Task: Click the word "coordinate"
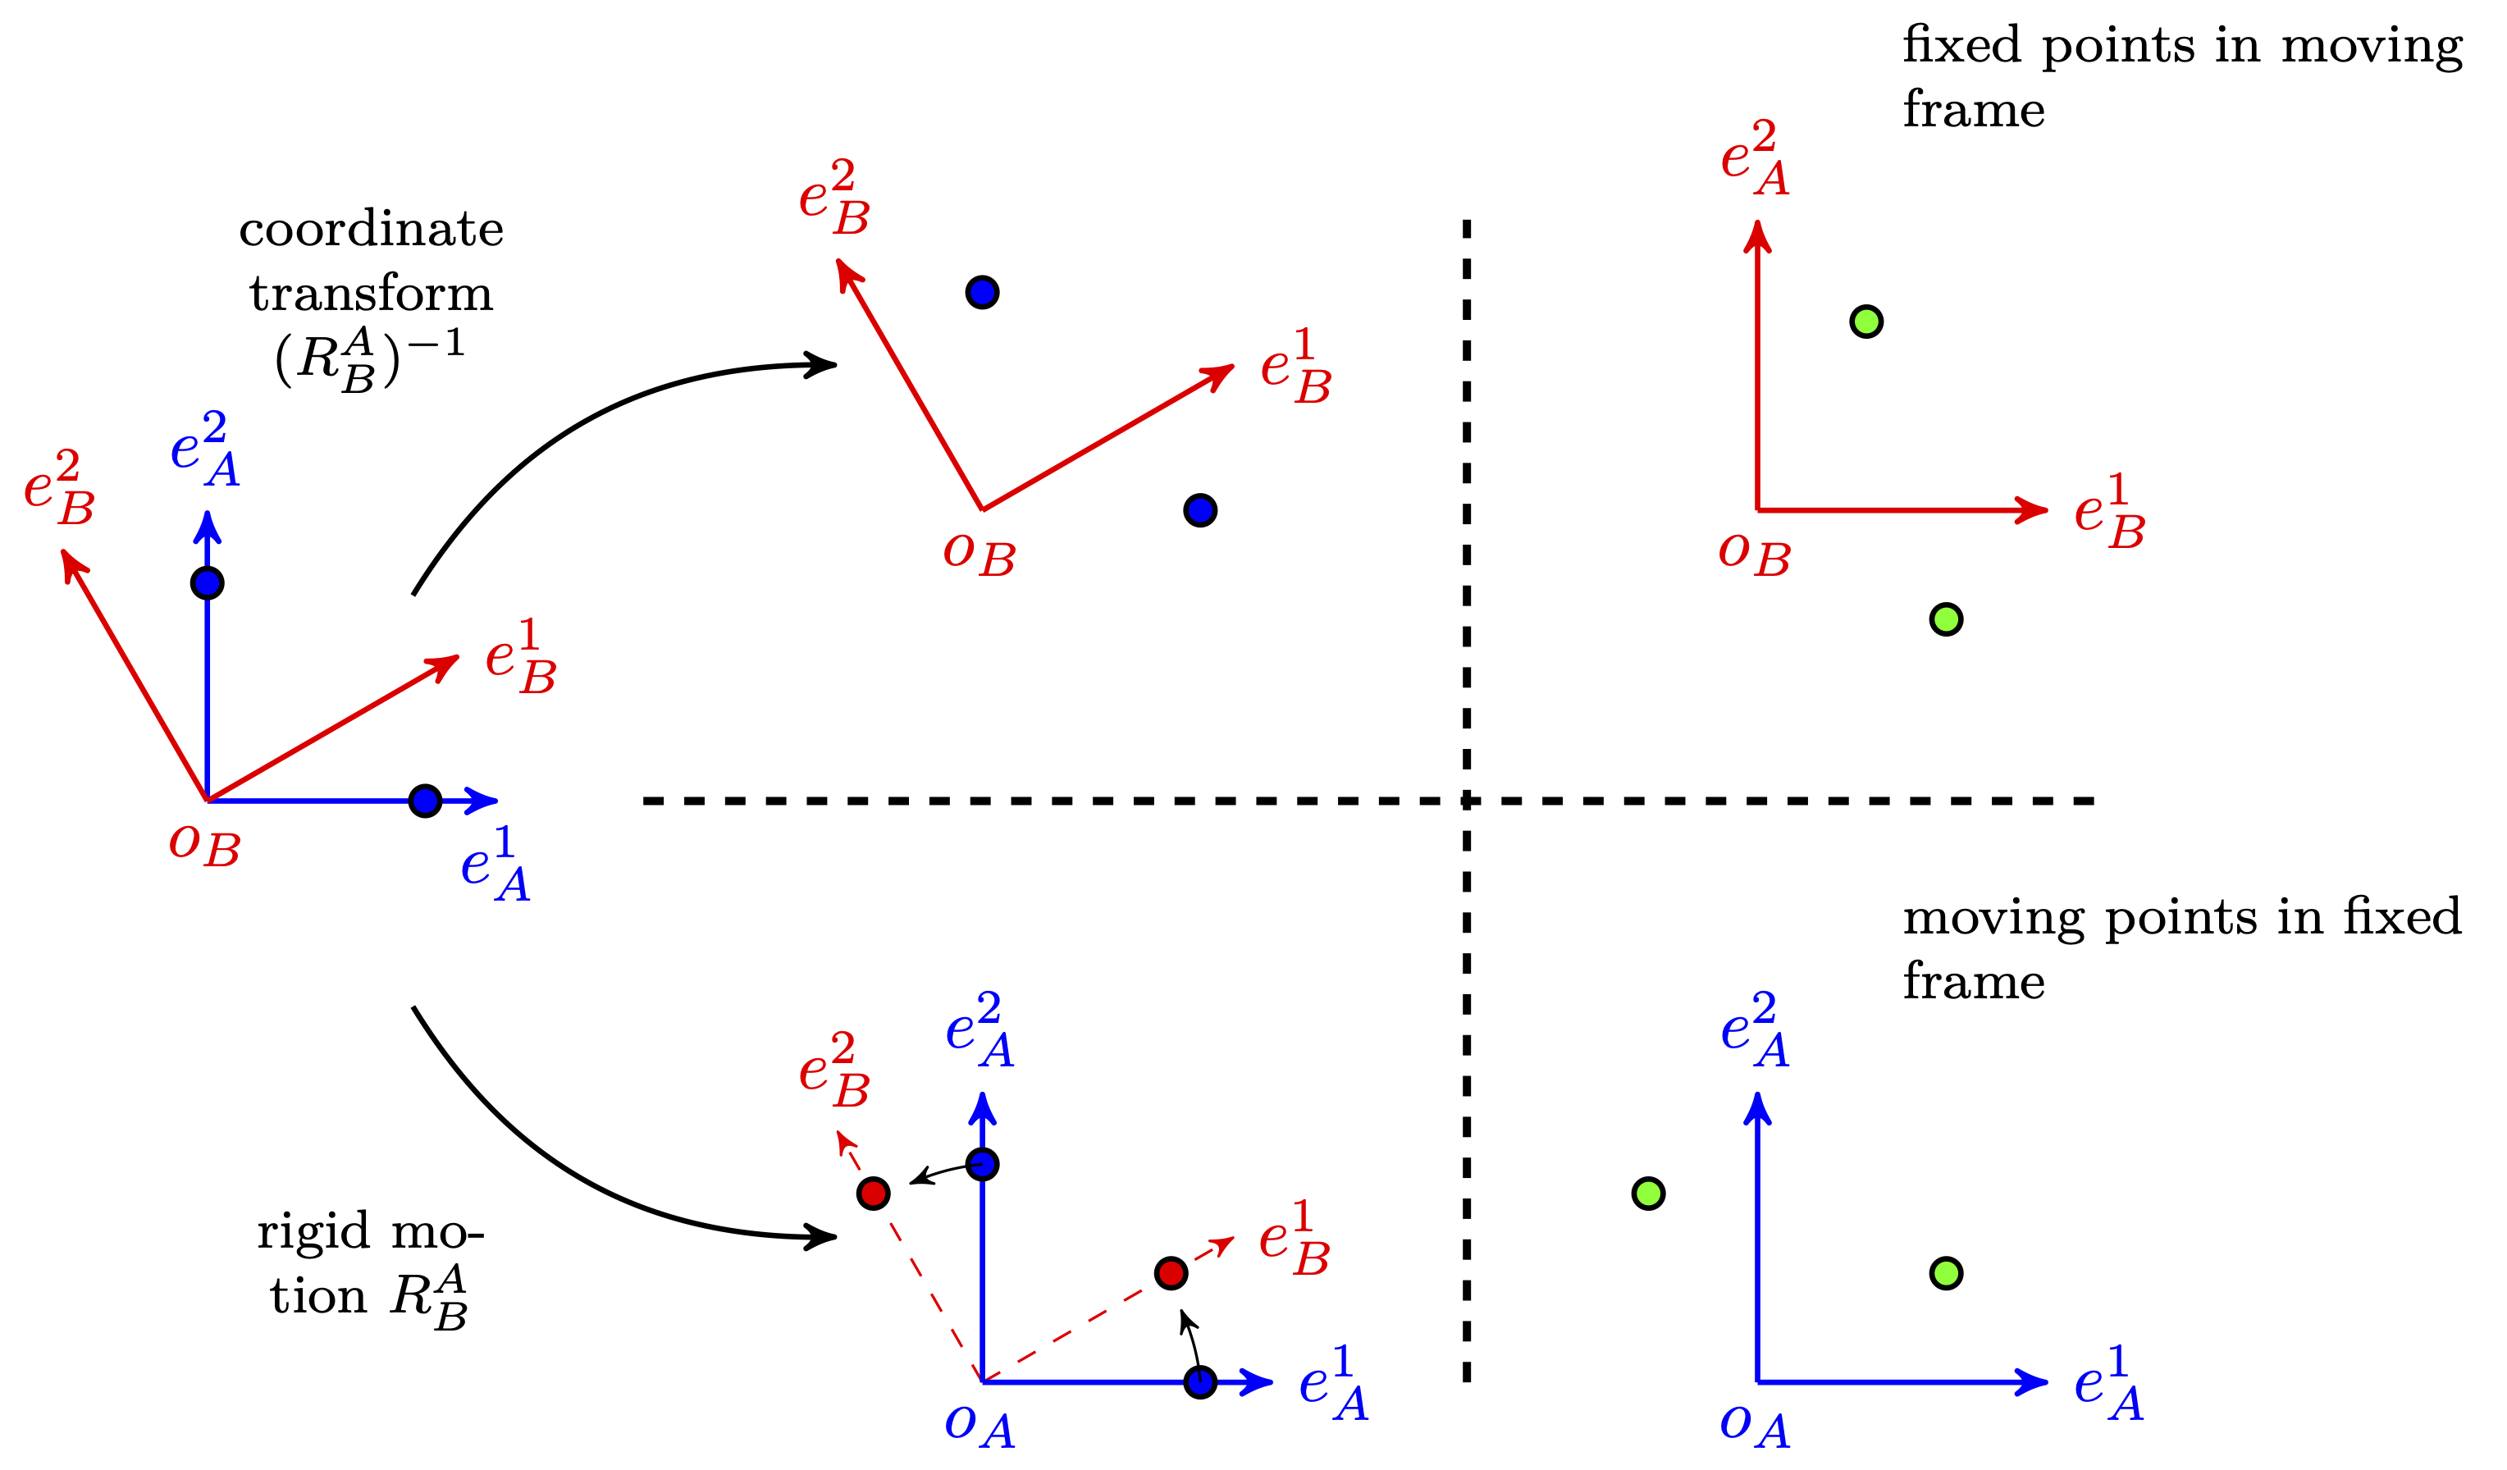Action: pyautogui.click(x=371, y=231)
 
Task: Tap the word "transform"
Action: pyautogui.click(x=371, y=294)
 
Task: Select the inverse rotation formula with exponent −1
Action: pyautogui.click(x=369, y=358)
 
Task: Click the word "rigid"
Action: pyautogui.click(x=313, y=1232)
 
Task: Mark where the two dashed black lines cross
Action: pyautogui.click(x=1467, y=801)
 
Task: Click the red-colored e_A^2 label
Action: pyautogui.click(x=1755, y=158)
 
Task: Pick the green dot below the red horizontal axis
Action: pyautogui.click(x=1946, y=619)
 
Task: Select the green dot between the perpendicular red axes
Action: pyautogui.click(x=1866, y=322)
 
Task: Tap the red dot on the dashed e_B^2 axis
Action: pyautogui.click(x=874, y=1194)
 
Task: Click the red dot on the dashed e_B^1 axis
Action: pyautogui.click(x=1171, y=1273)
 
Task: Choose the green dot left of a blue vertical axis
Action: pyautogui.click(x=1648, y=1194)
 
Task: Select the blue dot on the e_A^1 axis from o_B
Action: pyautogui.click(x=425, y=801)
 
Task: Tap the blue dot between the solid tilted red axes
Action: pyautogui.click(x=982, y=292)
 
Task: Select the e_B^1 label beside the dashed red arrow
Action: pyautogui.click(x=1295, y=1239)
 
